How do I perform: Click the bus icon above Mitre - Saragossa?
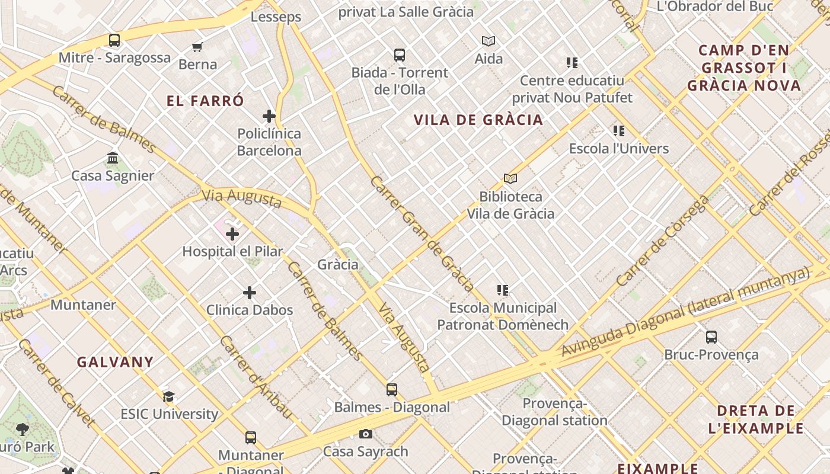114,40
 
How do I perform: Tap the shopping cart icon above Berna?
197,47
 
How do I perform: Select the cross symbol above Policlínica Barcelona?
269,116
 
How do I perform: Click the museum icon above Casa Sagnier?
113,158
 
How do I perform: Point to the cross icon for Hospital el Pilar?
232,234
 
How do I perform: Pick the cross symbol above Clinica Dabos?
250,293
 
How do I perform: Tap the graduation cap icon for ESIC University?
169,396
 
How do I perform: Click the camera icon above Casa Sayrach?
366,434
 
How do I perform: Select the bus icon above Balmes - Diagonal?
392,390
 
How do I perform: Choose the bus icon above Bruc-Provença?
711,337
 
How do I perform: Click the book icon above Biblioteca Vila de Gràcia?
510,178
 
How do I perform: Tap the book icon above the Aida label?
489,41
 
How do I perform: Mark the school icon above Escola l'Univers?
619,131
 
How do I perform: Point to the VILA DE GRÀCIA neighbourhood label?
478,120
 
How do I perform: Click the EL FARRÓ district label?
205,101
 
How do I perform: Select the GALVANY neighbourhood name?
115,362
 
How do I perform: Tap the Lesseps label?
276,17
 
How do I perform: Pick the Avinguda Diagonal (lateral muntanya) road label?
685,312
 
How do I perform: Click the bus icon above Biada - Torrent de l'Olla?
400,55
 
